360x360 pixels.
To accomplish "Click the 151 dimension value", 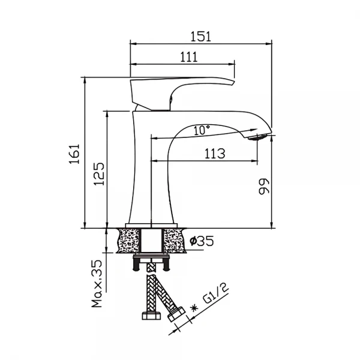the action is coord(200,37).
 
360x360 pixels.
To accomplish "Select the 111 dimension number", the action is coord(189,57).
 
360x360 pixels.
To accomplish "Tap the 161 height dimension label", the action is coord(74,154).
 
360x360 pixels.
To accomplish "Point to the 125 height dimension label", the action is coord(99,174).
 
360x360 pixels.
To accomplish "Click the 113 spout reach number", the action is coord(215,154).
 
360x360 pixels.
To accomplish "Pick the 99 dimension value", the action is coord(263,187).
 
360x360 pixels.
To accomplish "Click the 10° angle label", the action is coord(202,130).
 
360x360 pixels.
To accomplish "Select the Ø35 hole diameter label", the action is coord(202,241).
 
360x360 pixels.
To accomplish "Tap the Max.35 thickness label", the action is coord(97,284).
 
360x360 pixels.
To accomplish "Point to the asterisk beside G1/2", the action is coord(194,308).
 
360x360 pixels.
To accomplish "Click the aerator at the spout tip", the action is coord(257,137).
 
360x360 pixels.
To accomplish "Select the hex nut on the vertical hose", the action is coord(151,316).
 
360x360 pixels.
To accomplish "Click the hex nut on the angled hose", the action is coord(176,314).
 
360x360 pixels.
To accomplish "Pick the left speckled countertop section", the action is coord(128,241).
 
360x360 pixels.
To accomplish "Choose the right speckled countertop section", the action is coord(174,241).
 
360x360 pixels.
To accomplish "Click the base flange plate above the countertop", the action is coord(151,226).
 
